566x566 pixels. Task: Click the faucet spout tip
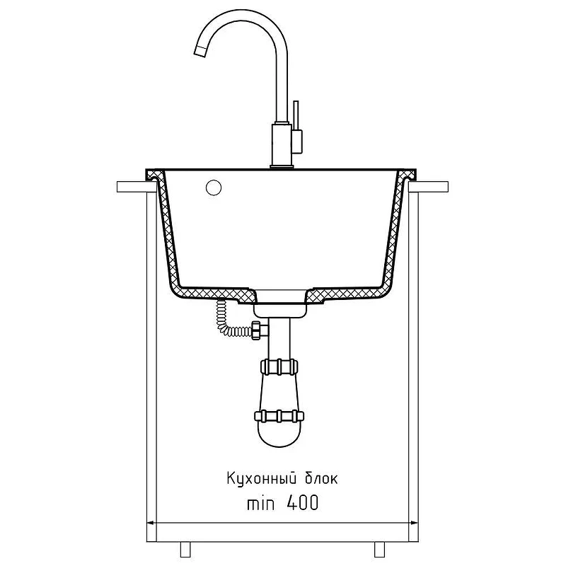(x=200, y=51)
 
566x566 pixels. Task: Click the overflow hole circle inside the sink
(x=214, y=187)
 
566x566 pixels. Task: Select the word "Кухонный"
(x=262, y=479)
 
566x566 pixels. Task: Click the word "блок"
(x=322, y=479)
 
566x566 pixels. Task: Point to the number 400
(x=303, y=502)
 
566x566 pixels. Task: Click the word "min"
(x=260, y=503)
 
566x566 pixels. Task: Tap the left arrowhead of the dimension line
(x=151, y=522)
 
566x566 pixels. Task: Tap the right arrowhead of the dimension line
(x=413, y=522)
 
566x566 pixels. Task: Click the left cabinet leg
(x=185, y=550)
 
